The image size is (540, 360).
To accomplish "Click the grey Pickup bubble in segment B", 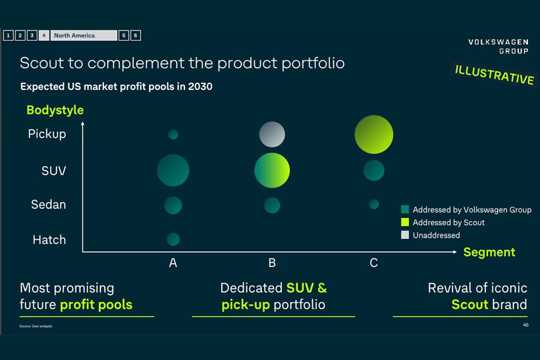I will pos(272,135).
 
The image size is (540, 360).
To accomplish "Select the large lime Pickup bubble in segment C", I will pos(374,135).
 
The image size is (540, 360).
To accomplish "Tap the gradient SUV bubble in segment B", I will pos(272,171).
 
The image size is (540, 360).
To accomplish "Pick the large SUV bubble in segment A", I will pos(173,171).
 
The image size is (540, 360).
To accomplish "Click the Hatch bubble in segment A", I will pos(173,239).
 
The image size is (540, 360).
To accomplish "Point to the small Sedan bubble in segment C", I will pos(374,204).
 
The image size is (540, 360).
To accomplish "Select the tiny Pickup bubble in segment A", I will pos(173,135).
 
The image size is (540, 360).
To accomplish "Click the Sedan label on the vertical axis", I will pos(48,204).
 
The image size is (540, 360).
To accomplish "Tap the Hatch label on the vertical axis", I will pos(49,240).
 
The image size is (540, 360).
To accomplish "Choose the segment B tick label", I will pos(272,263).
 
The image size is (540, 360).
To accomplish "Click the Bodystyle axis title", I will pos(55,110).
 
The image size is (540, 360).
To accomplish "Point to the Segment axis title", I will pos(489,252).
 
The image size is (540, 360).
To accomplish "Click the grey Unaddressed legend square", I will pos(405,235).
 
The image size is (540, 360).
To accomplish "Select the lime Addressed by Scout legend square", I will pos(405,222).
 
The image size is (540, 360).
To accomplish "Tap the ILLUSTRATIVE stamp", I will pos(494,75).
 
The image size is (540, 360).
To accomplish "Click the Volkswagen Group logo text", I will pos(498,46).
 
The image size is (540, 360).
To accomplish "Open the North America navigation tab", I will pos(84,36).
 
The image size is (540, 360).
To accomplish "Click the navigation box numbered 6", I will pos(135,36).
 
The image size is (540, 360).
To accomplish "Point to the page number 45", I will pos(525,325).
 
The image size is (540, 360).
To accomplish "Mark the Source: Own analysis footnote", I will pos(36,326).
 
